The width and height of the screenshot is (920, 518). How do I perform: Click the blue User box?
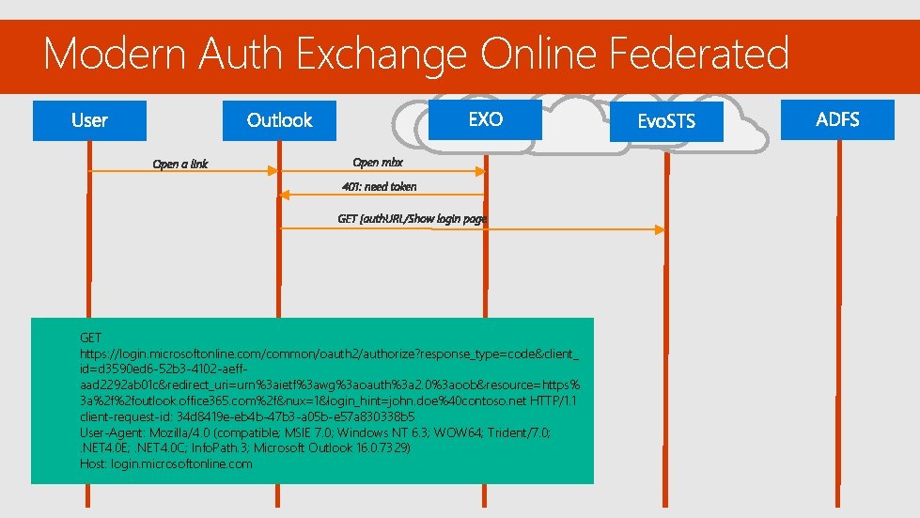(x=90, y=120)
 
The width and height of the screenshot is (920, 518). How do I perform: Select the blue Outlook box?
(x=279, y=120)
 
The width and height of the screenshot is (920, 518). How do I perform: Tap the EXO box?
(x=485, y=119)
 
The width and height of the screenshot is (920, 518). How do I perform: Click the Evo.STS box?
(x=666, y=122)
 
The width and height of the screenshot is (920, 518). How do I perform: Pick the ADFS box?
(x=837, y=119)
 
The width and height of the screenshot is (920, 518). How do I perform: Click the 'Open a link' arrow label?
(x=180, y=165)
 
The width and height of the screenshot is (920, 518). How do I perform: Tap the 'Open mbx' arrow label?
(x=378, y=163)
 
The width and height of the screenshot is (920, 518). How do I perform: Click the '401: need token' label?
(x=380, y=186)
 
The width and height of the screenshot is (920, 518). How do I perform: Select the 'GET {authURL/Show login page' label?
(x=412, y=218)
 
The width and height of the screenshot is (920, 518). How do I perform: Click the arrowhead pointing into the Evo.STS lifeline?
(x=662, y=229)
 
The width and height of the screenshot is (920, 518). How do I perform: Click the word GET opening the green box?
(x=91, y=337)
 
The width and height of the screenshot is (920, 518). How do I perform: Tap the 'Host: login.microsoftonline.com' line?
(x=166, y=463)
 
